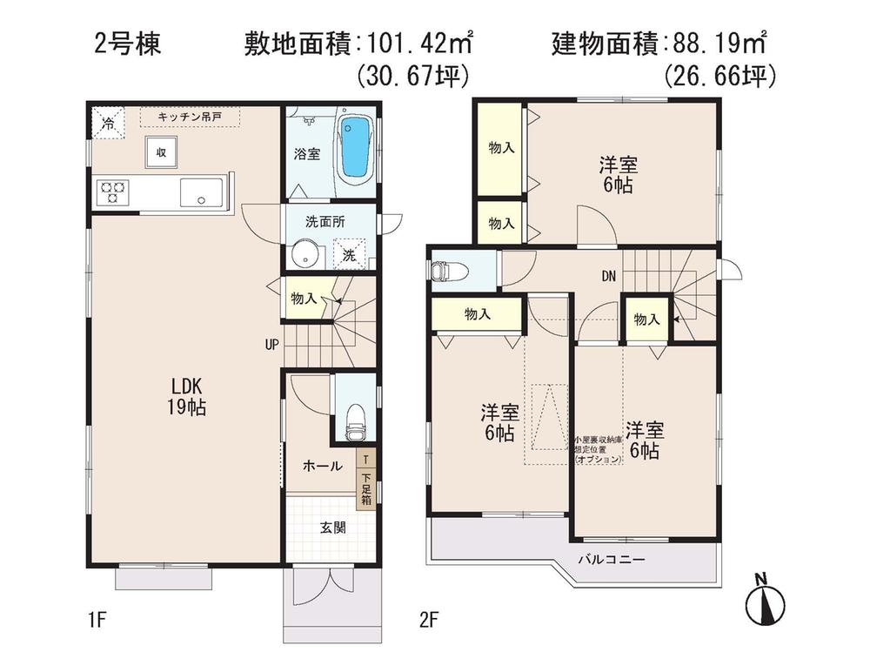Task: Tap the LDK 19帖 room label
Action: pyautogui.click(x=187, y=396)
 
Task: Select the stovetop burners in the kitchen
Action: pyautogui.click(x=112, y=192)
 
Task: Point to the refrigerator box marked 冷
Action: pyautogui.click(x=108, y=124)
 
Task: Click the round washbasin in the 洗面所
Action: pyautogui.click(x=303, y=255)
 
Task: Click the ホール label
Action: pyautogui.click(x=321, y=466)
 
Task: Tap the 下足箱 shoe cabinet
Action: pyautogui.click(x=366, y=487)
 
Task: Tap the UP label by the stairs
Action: pyautogui.click(x=271, y=345)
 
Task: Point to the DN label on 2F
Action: pyautogui.click(x=608, y=276)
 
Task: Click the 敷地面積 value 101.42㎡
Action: pyautogui.click(x=418, y=43)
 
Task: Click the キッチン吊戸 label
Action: pyautogui.click(x=190, y=116)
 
